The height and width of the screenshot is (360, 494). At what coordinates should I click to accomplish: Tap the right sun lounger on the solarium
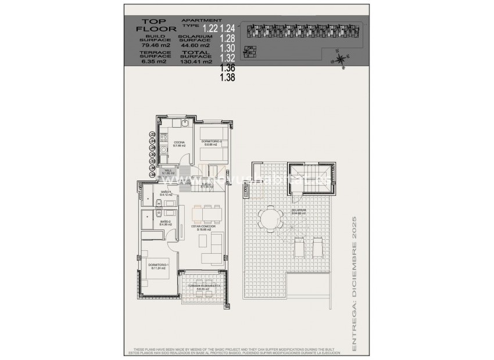tap(318, 249)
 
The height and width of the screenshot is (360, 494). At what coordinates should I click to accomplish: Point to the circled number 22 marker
tap(152, 134)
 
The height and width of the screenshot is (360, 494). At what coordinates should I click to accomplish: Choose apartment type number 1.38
tap(227, 77)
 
